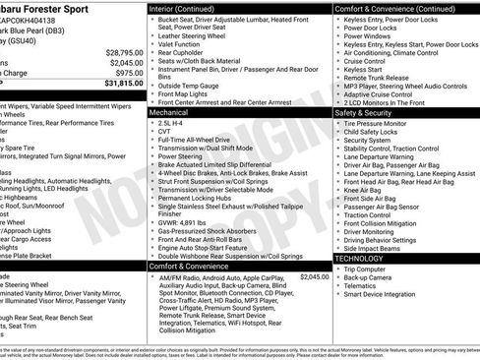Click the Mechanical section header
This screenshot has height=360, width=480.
point(169,113)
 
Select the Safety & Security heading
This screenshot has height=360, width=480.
point(365,113)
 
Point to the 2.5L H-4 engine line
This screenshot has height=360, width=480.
point(176,124)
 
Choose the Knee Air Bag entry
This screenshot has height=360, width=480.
point(368,191)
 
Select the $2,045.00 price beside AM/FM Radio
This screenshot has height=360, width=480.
point(314,277)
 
